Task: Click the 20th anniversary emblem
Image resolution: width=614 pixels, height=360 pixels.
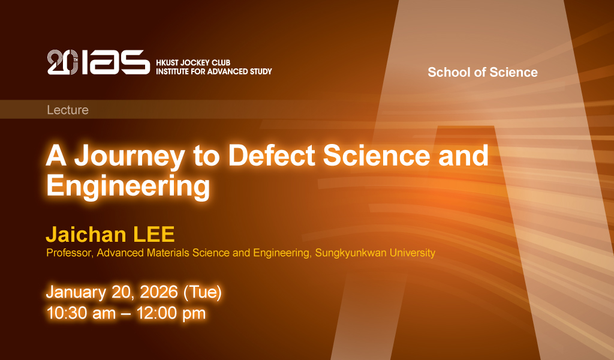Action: pyautogui.click(x=62, y=62)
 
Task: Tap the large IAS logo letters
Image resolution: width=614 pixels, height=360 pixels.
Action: pyautogui.click(x=116, y=62)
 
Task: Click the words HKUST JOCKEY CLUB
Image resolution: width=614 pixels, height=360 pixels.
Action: pyautogui.click(x=193, y=62)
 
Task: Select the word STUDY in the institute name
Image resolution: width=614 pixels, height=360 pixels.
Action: pyautogui.click(x=261, y=71)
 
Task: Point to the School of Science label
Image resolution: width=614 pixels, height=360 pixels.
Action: pyautogui.click(x=483, y=72)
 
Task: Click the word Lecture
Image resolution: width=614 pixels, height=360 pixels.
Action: pyautogui.click(x=68, y=110)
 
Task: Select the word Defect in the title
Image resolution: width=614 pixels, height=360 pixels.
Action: pyautogui.click(x=272, y=155)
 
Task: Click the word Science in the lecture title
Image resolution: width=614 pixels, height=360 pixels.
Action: pyautogui.click(x=377, y=155)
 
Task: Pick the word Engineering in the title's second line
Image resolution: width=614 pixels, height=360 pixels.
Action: pyautogui.click(x=128, y=187)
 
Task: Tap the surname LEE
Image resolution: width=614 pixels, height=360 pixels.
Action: pyautogui.click(x=154, y=234)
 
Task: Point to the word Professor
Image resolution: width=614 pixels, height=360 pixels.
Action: pyautogui.click(x=70, y=253)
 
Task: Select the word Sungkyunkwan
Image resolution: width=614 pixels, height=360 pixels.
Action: pyautogui.click(x=351, y=253)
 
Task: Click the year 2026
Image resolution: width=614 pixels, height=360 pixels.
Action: pyautogui.click(x=158, y=292)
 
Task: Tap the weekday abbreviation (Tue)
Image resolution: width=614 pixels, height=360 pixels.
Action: pyautogui.click(x=203, y=292)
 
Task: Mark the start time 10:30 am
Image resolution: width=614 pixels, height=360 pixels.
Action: pyautogui.click(x=81, y=313)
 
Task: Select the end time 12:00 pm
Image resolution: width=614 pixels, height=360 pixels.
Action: pyautogui.click(x=171, y=313)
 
